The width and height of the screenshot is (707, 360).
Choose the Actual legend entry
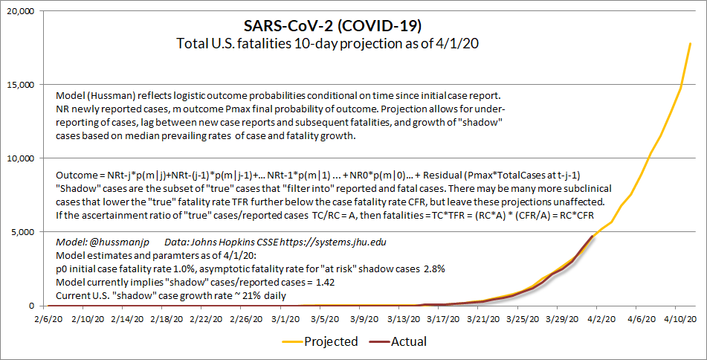(407, 342)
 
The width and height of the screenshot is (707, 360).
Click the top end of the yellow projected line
(691, 44)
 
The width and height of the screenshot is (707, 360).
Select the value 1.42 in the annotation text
(326, 283)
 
